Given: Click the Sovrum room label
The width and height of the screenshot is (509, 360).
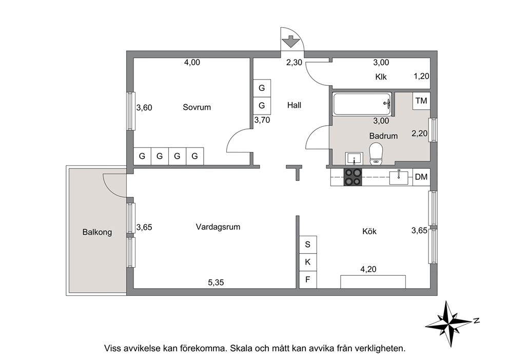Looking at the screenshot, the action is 197,107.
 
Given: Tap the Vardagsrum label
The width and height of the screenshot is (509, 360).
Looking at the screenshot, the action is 218,227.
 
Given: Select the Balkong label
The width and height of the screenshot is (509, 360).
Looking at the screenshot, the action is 97,232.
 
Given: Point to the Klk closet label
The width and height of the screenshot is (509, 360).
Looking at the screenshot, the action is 381,77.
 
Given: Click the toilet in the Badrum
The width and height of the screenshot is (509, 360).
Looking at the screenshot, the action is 376,153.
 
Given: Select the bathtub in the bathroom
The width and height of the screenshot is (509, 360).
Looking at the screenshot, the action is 362,104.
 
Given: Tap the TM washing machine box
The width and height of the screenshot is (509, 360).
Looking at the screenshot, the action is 421,101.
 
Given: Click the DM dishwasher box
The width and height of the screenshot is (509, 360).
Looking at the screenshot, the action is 421,177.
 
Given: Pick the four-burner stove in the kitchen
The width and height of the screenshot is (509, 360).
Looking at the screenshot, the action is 353,177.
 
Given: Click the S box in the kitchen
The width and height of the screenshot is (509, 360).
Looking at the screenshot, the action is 308,244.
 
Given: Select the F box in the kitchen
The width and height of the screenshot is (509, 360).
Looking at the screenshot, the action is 308,279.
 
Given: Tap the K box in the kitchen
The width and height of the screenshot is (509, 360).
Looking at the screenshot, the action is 308,262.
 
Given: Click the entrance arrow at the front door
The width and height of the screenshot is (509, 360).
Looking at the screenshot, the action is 290,42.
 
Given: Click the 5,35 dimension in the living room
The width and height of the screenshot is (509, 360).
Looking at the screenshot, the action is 216,282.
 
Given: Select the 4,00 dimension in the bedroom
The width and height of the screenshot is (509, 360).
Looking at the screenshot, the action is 192,62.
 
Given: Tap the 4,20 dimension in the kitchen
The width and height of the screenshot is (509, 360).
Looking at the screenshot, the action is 368,269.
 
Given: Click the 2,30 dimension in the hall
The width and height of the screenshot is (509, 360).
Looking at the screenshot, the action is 294,62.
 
